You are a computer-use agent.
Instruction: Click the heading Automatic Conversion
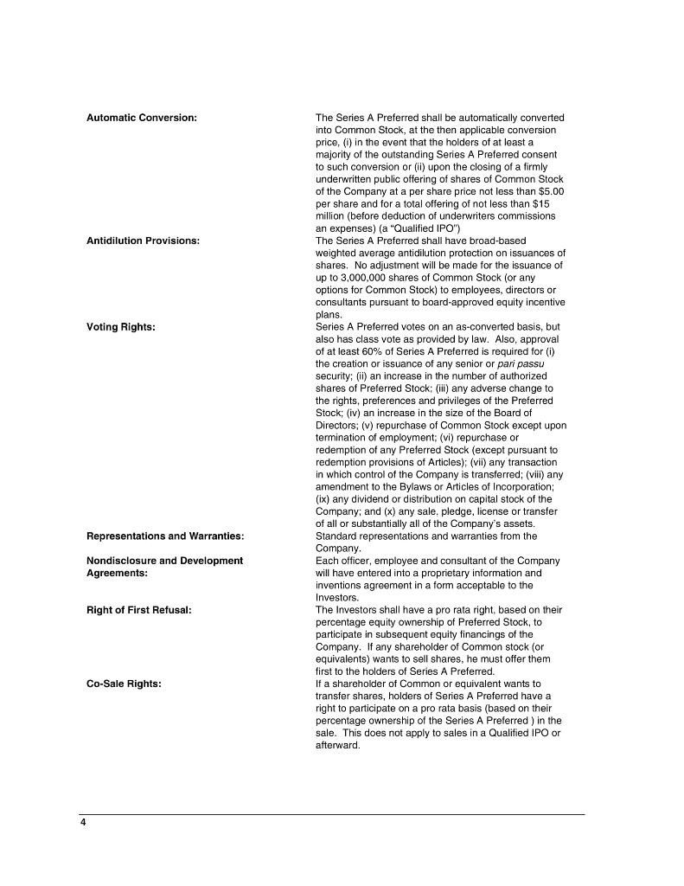coord(142,117)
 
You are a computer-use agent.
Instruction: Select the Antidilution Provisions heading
coord(144,240)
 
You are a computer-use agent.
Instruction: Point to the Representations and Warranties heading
coord(165,536)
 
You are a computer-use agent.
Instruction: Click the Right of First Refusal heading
coord(139,610)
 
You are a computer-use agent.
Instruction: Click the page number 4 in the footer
coord(84,823)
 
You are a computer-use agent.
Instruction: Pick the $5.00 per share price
coord(550,190)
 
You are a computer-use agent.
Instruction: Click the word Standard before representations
coord(336,536)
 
